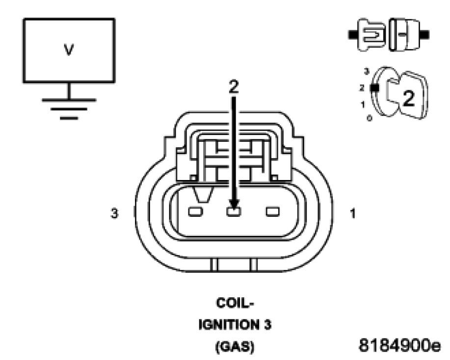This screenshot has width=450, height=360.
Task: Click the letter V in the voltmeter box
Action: click(69, 51)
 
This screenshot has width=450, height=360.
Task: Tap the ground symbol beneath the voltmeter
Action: click(69, 105)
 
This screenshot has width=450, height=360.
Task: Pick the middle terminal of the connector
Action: click(234, 212)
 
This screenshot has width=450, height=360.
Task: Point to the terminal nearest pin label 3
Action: click(195, 212)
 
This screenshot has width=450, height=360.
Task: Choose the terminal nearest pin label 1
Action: click(272, 212)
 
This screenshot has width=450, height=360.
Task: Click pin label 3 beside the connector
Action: click(114, 214)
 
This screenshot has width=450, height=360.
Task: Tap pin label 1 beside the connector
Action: click(352, 214)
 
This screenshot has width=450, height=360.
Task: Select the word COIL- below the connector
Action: click(233, 304)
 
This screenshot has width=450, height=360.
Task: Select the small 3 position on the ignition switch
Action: click(365, 72)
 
